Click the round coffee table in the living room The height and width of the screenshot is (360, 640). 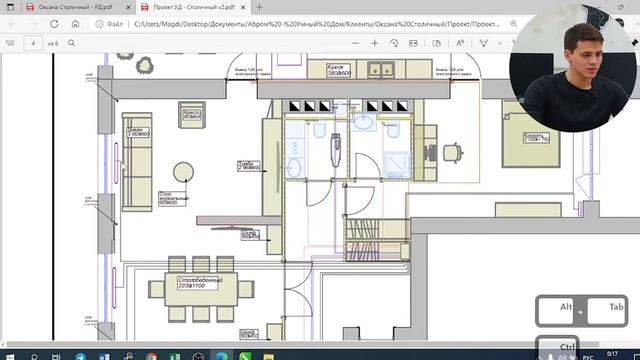183,172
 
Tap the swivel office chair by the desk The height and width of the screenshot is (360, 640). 452,153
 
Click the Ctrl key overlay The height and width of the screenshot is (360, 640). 566,346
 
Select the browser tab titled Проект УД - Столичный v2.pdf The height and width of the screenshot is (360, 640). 192,7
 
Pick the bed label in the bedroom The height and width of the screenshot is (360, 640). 534,136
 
